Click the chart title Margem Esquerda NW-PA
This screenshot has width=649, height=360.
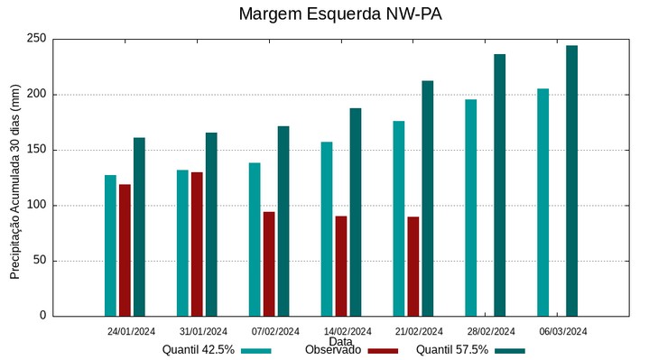[x=340, y=14]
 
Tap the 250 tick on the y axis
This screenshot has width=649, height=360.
[x=36, y=39]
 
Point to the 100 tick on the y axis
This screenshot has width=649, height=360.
[x=36, y=205]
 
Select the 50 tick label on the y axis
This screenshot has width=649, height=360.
[x=39, y=261]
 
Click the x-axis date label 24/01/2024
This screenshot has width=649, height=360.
[x=131, y=331]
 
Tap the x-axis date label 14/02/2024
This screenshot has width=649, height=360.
[x=348, y=331]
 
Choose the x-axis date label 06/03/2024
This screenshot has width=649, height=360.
[x=563, y=331]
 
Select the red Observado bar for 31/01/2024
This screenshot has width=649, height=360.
[x=197, y=244]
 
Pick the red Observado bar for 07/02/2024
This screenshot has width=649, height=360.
[x=269, y=263]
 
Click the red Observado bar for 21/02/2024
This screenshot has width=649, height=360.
[x=413, y=266]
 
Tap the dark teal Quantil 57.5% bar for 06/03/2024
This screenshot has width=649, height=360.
[x=571, y=180]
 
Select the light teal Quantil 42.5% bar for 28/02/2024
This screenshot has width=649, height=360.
[x=470, y=208]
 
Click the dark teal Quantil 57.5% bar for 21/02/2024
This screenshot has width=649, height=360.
[x=427, y=198]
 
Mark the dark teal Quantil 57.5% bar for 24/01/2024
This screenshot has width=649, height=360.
[x=139, y=226]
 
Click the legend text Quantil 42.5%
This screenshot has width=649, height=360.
[x=199, y=350]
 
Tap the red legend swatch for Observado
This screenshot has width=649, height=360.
[x=384, y=351]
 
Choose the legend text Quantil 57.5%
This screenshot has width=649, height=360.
[x=452, y=350]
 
